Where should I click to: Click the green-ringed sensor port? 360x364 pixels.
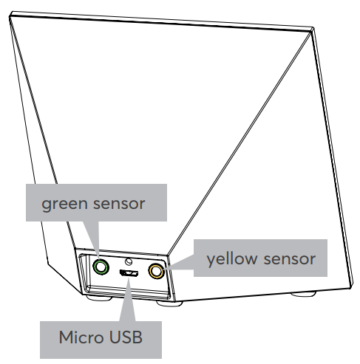pos(101,267)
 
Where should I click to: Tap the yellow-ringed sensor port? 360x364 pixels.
pos(156,271)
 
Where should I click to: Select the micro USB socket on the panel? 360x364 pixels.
pos(129,273)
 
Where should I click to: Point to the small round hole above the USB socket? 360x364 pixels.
pos(129,261)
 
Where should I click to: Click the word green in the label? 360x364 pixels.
pos(64,204)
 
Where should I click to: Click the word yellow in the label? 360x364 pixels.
pos(231,259)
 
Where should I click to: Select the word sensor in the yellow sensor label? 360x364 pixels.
pos(290,259)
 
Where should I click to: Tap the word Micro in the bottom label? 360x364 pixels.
pos(82,337)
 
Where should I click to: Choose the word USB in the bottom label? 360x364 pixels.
pos(126,337)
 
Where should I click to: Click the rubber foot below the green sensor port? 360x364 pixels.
pos(99,298)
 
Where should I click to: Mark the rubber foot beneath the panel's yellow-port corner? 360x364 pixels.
pos(169,303)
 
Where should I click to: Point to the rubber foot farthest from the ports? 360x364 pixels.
pos(303,294)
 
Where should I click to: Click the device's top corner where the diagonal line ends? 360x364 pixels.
pos(312,30)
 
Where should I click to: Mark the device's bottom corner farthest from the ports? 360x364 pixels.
pos(352,286)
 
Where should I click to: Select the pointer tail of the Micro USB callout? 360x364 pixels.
pos(127,300)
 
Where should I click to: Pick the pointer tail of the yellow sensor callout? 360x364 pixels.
pos(180,263)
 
